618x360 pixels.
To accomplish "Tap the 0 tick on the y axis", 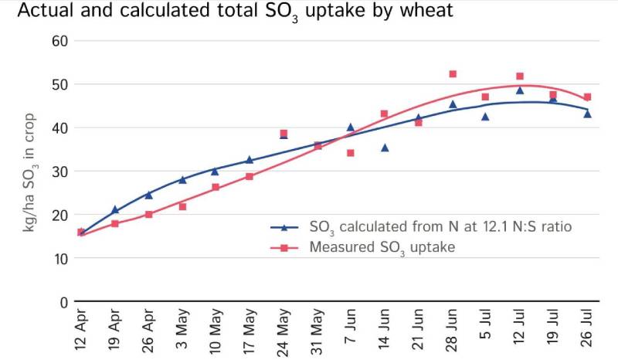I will (63, 301).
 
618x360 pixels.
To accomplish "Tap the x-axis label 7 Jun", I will (350, 333).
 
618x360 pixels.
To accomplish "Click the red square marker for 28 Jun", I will (453, 74).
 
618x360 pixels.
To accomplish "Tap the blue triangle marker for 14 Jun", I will (385, 147).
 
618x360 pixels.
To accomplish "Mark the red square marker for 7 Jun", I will (350, 153).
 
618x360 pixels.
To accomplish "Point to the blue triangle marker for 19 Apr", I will (115, 209).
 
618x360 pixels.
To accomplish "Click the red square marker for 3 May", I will (182, 206).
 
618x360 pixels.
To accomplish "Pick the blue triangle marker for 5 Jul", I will (485, 117).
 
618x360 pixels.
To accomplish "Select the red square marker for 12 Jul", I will (520, 76).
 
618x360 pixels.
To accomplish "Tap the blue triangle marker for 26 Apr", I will (148, 195).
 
